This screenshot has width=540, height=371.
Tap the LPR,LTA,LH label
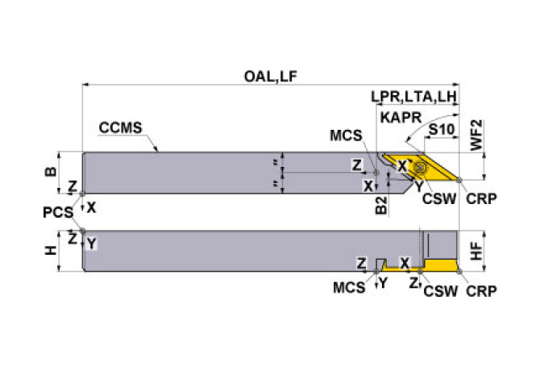(x=414, y=98)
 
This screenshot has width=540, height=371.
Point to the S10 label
(x=439, y=129)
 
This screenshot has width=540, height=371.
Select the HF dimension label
(x=477, y=251)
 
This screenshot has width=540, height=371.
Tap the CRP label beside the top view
(x=480, y=198)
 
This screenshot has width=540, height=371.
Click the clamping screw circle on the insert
(x=419, y=168)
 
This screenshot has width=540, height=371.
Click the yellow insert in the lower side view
(x=440, y=265)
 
